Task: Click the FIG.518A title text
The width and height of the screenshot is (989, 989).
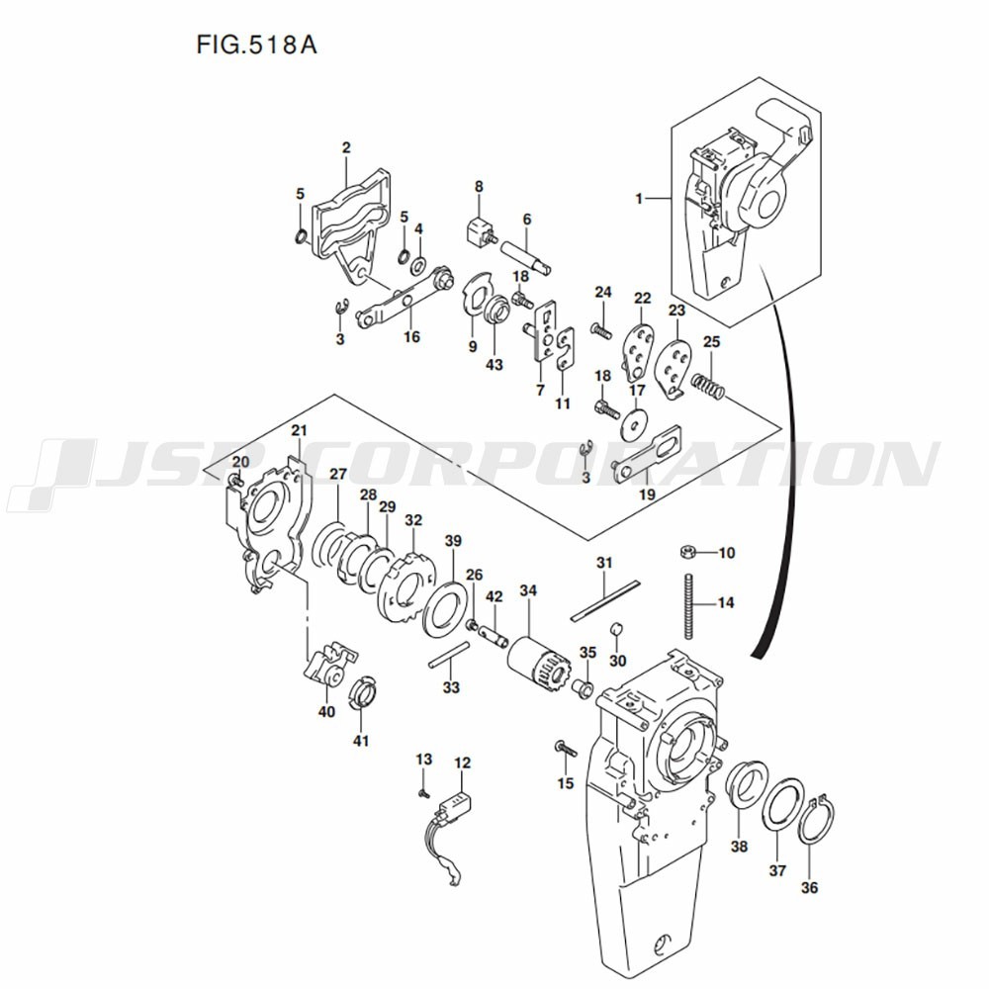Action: point(256,45)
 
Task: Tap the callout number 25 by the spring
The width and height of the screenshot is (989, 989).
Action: point(711,342)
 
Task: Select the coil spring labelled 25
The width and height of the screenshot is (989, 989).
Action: point(708,388)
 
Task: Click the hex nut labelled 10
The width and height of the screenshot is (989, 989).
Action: point(687,553)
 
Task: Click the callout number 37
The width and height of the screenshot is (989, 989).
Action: point(777,870)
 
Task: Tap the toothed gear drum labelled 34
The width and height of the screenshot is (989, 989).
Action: point(540,662)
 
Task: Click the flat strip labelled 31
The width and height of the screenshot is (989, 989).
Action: point(605,600)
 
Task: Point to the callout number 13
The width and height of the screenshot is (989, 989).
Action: point(424,759)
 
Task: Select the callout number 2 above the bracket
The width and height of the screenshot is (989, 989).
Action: point(346,147)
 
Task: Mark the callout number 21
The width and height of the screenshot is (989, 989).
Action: point(299,430)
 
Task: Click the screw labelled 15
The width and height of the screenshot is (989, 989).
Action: point(566,749)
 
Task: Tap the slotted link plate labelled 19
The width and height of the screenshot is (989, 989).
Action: point(647,452)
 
